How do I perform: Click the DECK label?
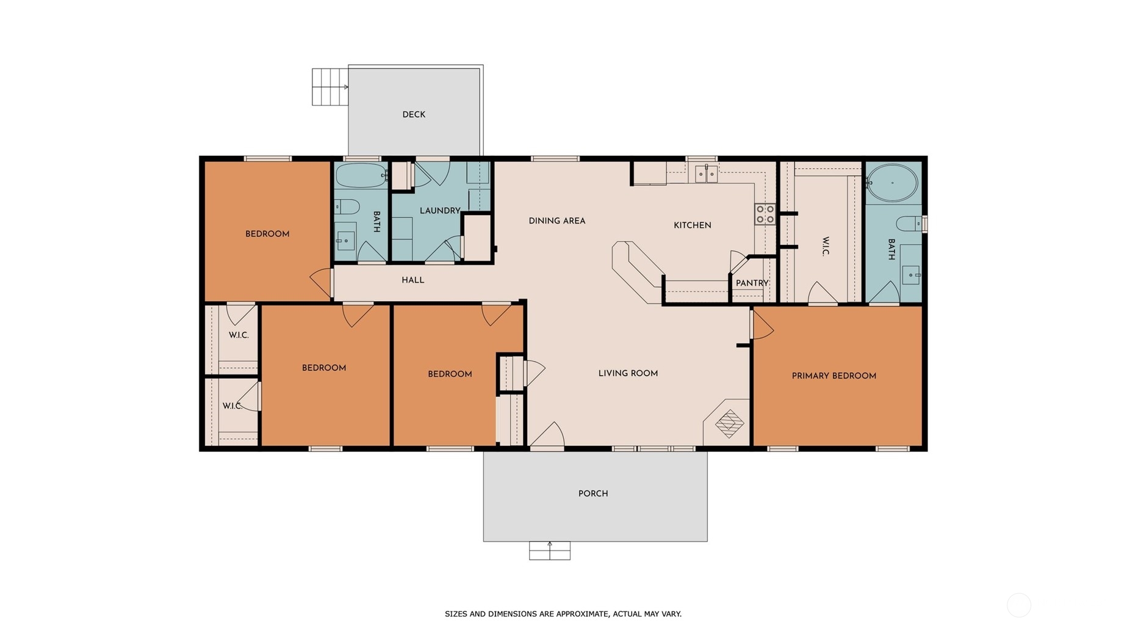tap(414, 115)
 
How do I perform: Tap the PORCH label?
tap(593, 494)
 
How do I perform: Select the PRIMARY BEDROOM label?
tap(834, 376)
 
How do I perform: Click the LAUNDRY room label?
tap(440, 211)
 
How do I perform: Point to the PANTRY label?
tap(752, 283)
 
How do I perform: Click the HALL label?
tap(412, 280)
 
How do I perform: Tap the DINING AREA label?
tap(556, 221)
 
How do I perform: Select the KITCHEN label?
tap(692, 225)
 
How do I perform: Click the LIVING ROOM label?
tap(628, 374)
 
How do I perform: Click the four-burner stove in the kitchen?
tap(765, 214)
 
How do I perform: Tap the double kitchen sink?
tap(706, 174)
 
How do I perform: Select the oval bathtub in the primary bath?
tap(892, 182)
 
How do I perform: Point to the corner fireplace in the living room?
tap(727, 422)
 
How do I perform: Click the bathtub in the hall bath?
tap(361, 175)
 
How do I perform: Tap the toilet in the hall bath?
tap(347, 206)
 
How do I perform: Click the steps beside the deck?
tap(330, 87)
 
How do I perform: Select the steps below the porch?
tap(550, 550)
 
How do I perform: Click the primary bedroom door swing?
tap(762, 324)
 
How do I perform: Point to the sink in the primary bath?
tap(911, 275)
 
